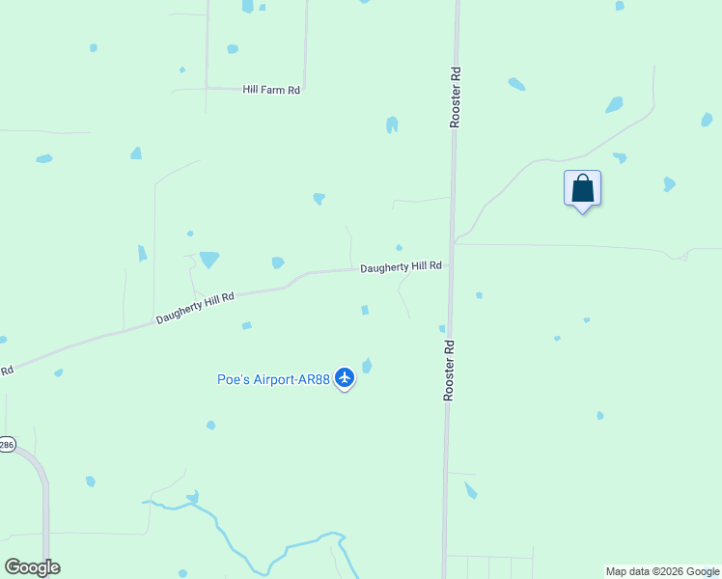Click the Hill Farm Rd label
pyautogui.click(x=272, y=90)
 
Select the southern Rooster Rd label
pyautogui.click(x=449, y=370)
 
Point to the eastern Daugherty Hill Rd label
pyautogui.click(x=401, y=267)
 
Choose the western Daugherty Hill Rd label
pyautogui.click(x=195, y=309)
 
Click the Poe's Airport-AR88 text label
pyautogui.click(x=272, y=379)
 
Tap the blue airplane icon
pyautogui.click(x=346, y=379)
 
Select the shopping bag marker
pyautogui.click(x=582, y=188)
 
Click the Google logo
pyautogui.click(x=32, y=567)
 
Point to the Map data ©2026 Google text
pyautogui.click(x=661, y=571)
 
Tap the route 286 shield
pyautogui.click(x=7, y=445)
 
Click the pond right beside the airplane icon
pyautogui.click(x=367, y=366)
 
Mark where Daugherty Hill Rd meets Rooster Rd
pyautogui.click(x=450, y=267)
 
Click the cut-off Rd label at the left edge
pyautogui.click(x=6, y=371)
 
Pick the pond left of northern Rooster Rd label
pyautogui.click(x=392, y=124)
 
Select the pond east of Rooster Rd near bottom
pyautogui.click(x=470, y=490)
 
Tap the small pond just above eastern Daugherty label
pyautogui.click(x=399, y=248)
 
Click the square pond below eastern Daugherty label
pyautogui.click(x=365, y=310)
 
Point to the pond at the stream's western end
pyautogui.click(x=193, y=497)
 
